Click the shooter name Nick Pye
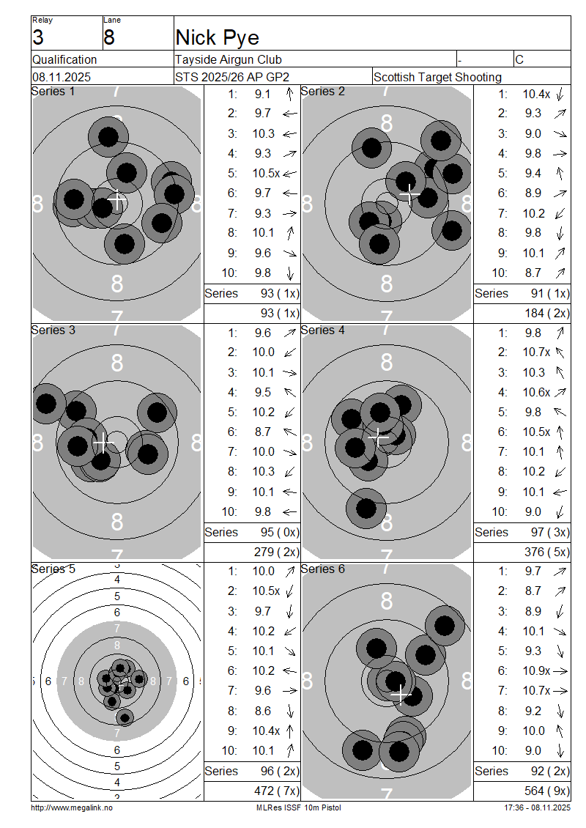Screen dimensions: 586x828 (x=217, y=37)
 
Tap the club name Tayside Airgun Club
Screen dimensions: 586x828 (x=228, y=59)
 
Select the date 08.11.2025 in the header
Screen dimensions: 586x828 (x=62, y=77)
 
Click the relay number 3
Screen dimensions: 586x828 (x=38, y=37)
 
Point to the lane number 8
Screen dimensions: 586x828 (x=109, y=37)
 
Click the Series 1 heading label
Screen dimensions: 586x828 (x=53, y=92)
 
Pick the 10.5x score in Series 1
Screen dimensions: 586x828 (x=266, y=173)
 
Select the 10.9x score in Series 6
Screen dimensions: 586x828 (x=536, y=670)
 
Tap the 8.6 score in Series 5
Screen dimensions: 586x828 (x=262, y=711)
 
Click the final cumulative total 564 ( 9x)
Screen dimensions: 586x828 (x=547, y=791)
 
